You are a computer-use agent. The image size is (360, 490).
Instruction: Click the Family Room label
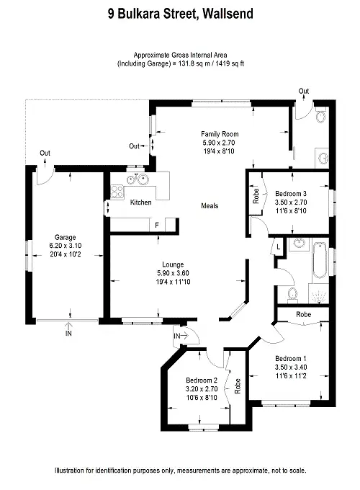click(x=220, y=135)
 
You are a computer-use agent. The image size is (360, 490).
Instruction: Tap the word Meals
click(x=210, y=206)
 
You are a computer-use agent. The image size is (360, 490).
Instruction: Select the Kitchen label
click(x=140, y=203)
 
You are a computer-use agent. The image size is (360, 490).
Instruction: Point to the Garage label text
click(x=66, y=236)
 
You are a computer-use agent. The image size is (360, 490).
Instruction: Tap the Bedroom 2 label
click(x=201, y=380)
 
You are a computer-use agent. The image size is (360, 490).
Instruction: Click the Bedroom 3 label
click(x=291, y=194)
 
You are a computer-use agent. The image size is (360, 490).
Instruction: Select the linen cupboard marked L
click(x=279, y=247)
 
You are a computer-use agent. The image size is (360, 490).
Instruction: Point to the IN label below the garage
click(x=68, y=334)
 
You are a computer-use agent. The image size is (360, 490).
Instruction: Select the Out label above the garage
click(x=45, y=153)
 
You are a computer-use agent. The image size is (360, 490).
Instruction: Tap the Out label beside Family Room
click(x=134, y=146)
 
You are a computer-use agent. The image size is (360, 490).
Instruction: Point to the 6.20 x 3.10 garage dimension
click(x=66, y=245)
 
